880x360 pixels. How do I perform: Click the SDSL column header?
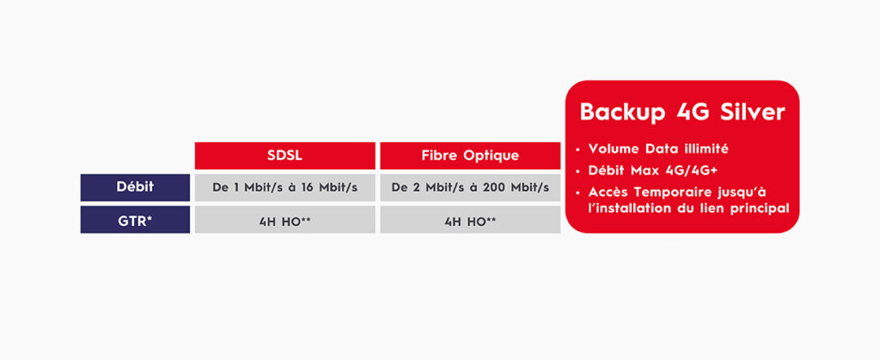click(x=284, y=156)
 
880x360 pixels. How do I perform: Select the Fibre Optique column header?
click(x=470, y=156)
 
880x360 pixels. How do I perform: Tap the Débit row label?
click(x=135, y=187)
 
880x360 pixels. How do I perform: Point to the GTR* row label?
click(x=135, y=220)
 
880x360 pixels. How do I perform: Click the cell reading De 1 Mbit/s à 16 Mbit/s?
click(x=284, y=187)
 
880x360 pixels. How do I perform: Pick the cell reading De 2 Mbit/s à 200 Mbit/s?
click(x=470, y=187)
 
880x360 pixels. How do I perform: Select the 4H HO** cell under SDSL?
click(x=284, y=220)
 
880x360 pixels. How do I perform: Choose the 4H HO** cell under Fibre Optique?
click(x=470, y=220)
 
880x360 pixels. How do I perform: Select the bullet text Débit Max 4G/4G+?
click(x=653, y=170)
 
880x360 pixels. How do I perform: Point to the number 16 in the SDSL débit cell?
click(x=308, y=187)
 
